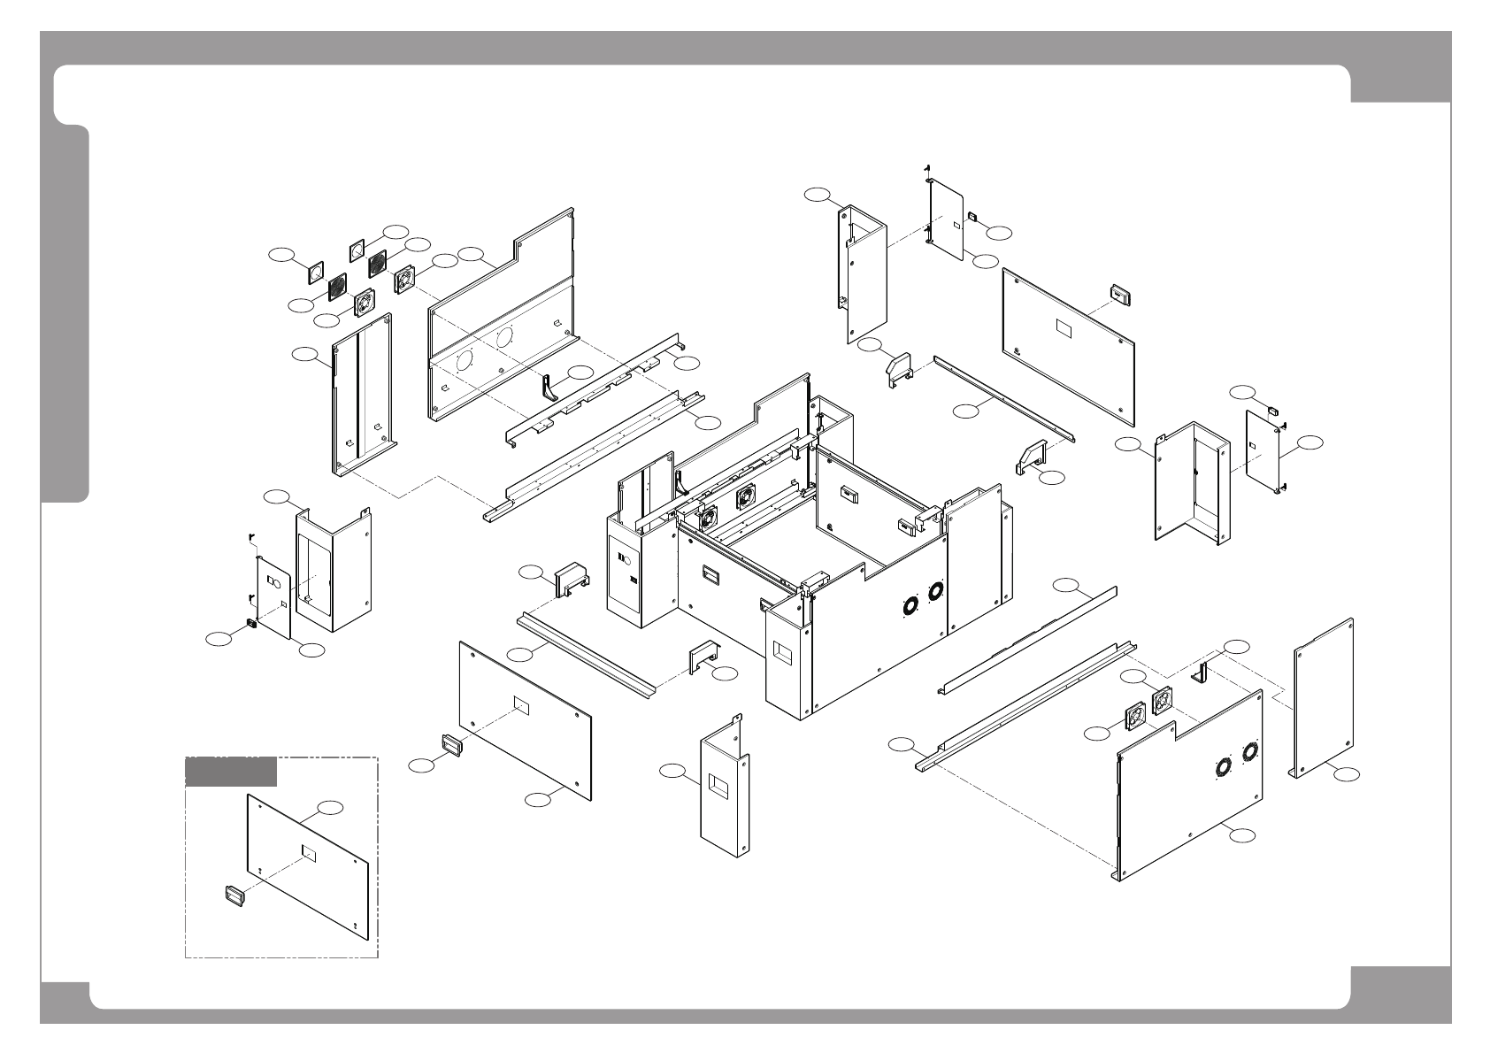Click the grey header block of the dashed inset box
tap(230, 772)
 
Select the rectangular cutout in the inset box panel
tap(310, 852)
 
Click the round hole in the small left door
tap(274, 584)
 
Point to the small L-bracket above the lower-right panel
tap(1201, 673)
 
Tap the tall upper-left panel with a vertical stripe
tap(361, 394)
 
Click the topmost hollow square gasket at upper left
tap(357, 250)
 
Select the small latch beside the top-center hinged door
tap(971, 215)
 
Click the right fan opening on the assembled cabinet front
tap(935, 591)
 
